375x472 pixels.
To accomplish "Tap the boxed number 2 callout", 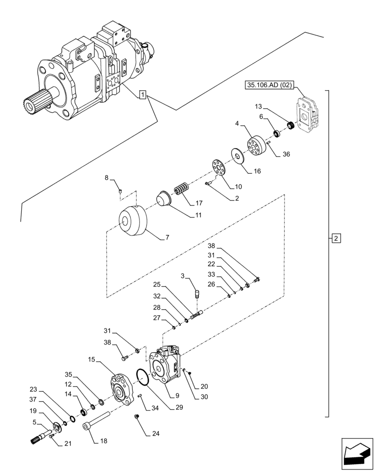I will tap(335, 238).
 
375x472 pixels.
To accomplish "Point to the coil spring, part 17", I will tap(181, 189).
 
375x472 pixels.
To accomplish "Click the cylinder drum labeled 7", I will tap(133, 222).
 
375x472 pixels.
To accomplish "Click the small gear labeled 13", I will tap(291, 126).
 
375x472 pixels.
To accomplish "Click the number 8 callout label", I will tap(106, 178).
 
